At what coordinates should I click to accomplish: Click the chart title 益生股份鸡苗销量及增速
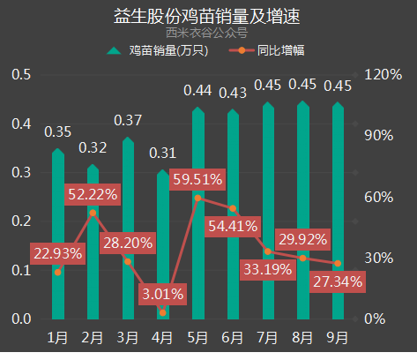click(x=208, y=15)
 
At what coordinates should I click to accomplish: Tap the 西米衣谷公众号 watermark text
click(x=208, y=34)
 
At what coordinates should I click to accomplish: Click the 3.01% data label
click(x=161, y=292)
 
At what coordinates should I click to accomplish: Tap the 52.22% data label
click(x=93, y=194)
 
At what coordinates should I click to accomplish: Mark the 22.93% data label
click(x=57, y=253)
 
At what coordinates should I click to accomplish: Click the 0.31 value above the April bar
click(x=163, y=154)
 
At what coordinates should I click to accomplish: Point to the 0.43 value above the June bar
click(x=233, y=92)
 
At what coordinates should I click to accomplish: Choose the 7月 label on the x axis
click(x=268, y=337)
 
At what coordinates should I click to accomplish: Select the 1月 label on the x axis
click(x=57, y=337)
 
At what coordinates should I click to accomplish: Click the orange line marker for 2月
click(x=93, y=213)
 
